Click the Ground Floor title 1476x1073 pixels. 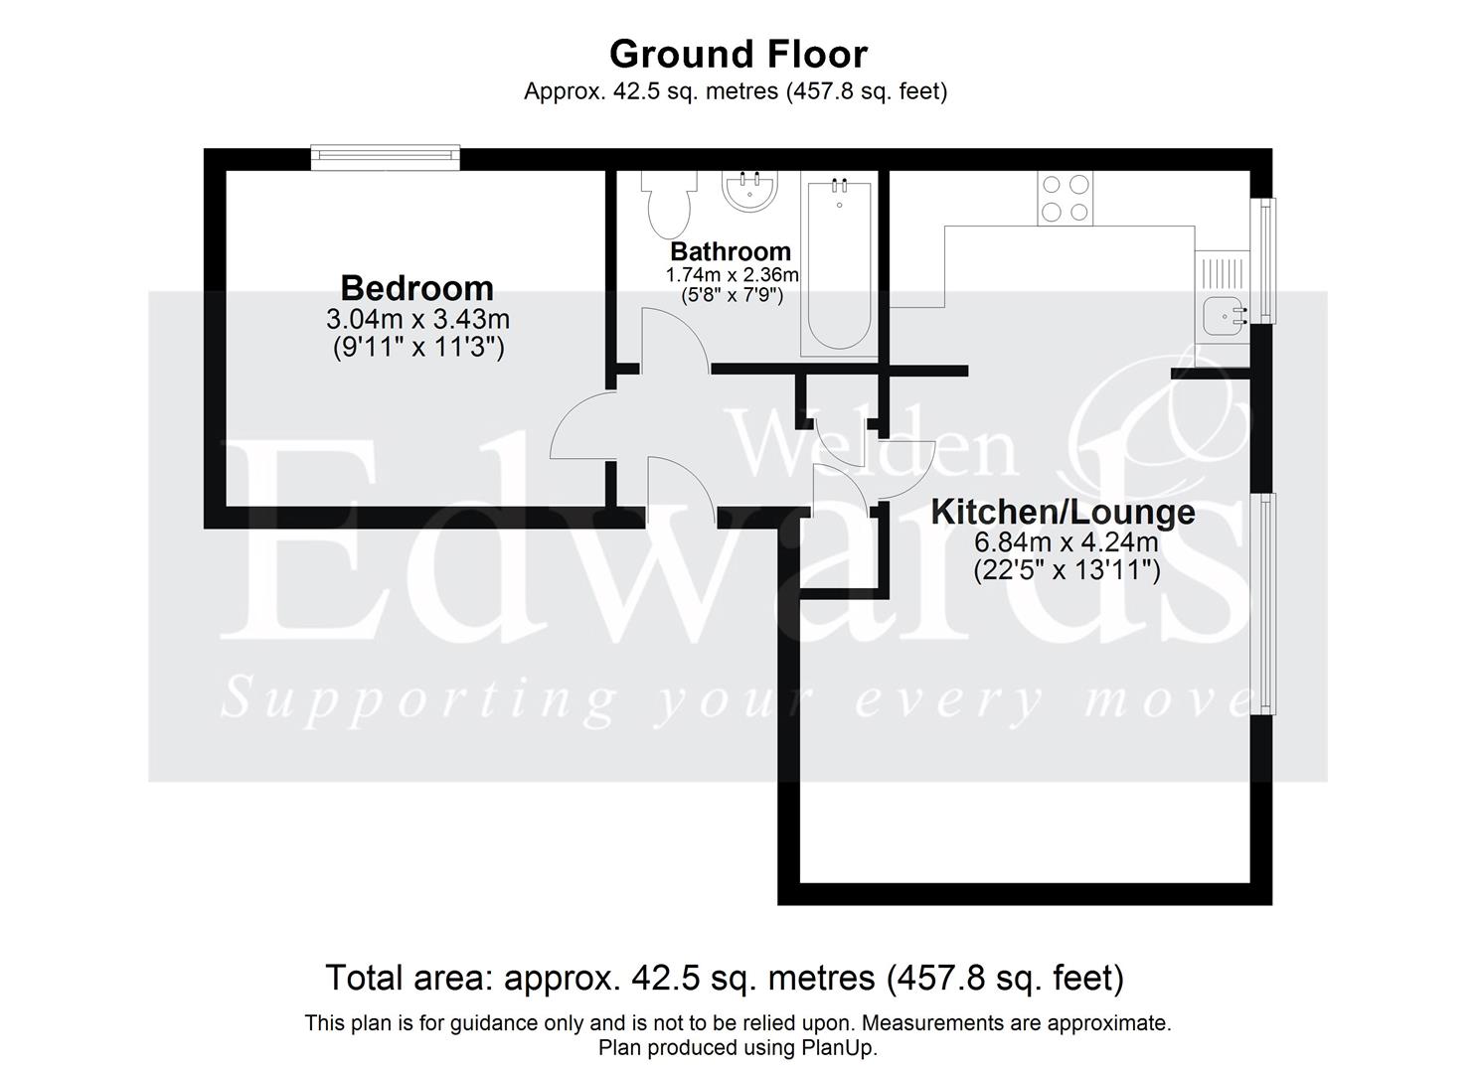tap(738, 54)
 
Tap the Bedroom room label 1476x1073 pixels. tap(416, 288)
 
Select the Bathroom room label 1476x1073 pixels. tap(731, 251)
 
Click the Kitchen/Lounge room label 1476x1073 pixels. tap(1063, 513)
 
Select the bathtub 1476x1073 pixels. tap(838, 265)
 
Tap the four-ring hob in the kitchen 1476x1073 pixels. tap(1065, 198)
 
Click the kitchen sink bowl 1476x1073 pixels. tap(1220, 316)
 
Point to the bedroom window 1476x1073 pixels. tap(386, 154)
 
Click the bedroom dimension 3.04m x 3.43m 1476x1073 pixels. tap(417, 320)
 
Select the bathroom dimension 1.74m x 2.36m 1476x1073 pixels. tap(732, 274)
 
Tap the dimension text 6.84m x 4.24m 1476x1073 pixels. tap(1066, 542)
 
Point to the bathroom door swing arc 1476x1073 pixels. tap(674, 338)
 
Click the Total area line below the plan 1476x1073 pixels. tap(725, 979)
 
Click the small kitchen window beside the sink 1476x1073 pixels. tap(1265, 260)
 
